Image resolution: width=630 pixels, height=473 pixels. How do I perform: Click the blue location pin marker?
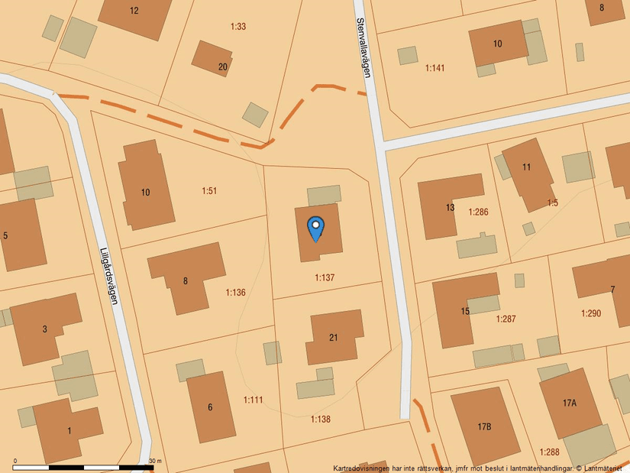pyautogui.click(x=315, y=228)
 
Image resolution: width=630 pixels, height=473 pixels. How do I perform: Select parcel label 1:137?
pyautogui.click(x=325, y=277)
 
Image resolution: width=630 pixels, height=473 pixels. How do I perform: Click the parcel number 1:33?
pyautogui.click(x=238, y=27)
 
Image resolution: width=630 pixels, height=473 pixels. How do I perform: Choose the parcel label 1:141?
pyautogui.click(x=435, y=68)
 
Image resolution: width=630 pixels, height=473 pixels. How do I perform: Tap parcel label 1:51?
pyautogui.click(x=209, y=190)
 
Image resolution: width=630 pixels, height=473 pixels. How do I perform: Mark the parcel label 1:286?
pyautogui.click(x=478, y=211)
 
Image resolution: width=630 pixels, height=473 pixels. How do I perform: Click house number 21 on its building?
pyautogui.click(x=334, y=338)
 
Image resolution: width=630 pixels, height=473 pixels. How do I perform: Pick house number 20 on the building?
pyautogui.click(x=223, y=67)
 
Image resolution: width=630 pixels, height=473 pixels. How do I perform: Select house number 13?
pyautogui.click(x=451, y=208)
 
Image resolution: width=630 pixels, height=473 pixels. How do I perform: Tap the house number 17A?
pyautogui.click(x=570, y=403)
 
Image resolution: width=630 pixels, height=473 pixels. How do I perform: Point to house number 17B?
pyautogui.click(x=484, y=426)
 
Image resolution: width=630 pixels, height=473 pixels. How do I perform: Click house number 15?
pyautogui.click(x=465, y=311)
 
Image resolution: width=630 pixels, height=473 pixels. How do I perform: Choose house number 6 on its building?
pyautogui.click(x=210, y=407)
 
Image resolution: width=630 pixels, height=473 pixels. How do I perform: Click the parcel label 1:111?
pyautogui.click(x=254, y=400)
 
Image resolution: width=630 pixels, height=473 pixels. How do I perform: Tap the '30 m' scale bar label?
pyautogui.click(x=155, y=462)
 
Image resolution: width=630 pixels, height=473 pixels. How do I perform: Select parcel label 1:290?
pyautogui.click(x=591, y=313)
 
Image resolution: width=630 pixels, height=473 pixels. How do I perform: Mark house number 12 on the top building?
pyautogui.click(x=134, y=11)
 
